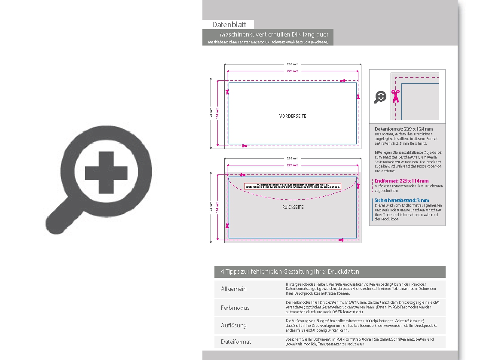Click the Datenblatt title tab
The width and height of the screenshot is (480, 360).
pyautogui.click(x=228, y=25)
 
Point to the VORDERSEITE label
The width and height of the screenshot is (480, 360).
pyautogui.click(x=293, y=116)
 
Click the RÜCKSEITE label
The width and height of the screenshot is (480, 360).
pyautogui.click(x=293, y=207)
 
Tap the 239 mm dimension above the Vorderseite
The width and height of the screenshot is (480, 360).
pyautogui.click(x=292, y=64)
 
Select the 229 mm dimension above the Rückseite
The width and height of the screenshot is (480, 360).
pyautogui.click(x=292, y=165)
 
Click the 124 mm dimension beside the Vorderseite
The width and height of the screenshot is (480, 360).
pyautogui.click(x=211, y=113)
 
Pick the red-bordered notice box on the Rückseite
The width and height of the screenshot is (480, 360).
pyautogui.click(x=292, y=186)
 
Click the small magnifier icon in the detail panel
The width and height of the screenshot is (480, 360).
pyautogui.click(x=380, y=97)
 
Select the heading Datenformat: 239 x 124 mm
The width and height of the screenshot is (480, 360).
pyautogui.click(x=404, y=129)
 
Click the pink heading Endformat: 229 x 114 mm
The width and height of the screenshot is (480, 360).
pyautogui.click(x=401, y=181)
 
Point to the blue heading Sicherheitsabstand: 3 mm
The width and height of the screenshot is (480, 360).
pyautogui.click(x=402, y=200)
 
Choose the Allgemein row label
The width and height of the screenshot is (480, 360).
pyautogui.click(x=234, y=289)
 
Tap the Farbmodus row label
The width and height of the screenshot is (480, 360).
pyautogui.click(x=235, y=308)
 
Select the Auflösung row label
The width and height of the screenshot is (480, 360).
pyautogui.click(x=234, y=325)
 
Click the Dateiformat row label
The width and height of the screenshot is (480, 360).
pyautogui.click(x=236, y=342)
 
